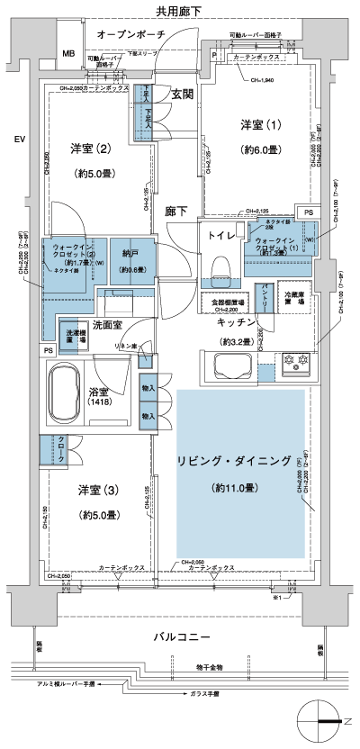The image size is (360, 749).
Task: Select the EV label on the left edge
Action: pyautogui.click(x=19, y=139)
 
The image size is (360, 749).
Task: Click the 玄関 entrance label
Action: pyautogui.click(x=184, y=95)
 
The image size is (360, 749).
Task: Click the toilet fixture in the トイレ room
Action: pyautogui.click(x=220, y=265)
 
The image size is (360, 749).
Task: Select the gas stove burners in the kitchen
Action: pyautogui.click(x=297, y=363)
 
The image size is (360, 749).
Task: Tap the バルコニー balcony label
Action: pyautogui.click(x=181, y=637)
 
